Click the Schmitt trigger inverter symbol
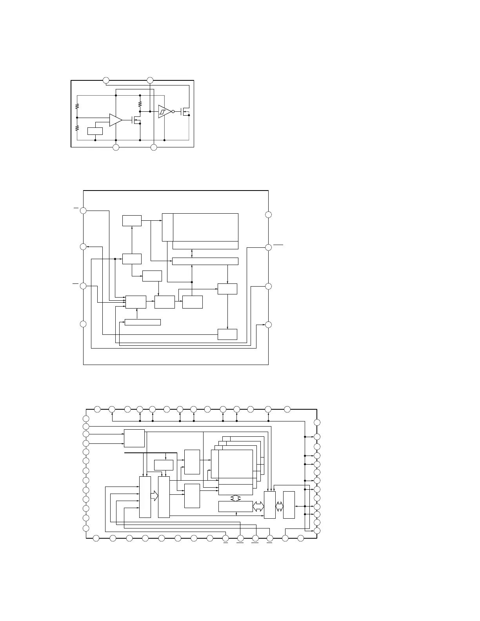tap(164, 111)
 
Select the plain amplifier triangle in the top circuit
tap(115, 120)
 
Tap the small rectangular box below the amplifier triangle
tap(95, 131)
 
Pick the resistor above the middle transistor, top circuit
tap(140, 104)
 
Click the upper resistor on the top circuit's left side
tap(77, 106)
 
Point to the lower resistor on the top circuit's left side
tap(77, 128)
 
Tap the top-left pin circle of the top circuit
tap(105, 80)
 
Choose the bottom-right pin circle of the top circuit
tap(154, 147)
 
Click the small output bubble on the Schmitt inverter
tap(173, 111)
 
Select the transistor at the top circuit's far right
tap(185, 113)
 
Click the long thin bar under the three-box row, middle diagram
tap(142, 322)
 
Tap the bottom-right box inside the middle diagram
tap(227, 334)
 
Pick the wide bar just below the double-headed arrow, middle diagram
tap(205, 261)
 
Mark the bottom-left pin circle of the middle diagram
tap(83, 324)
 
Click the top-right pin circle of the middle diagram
tap(268, 214)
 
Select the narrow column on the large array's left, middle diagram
tap(167, 227)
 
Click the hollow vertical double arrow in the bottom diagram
tap(235, 498)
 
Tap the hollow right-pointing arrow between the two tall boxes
tap(155, 496)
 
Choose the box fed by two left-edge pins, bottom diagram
tap(134, 438)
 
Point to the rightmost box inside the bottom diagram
tap(289, 505)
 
